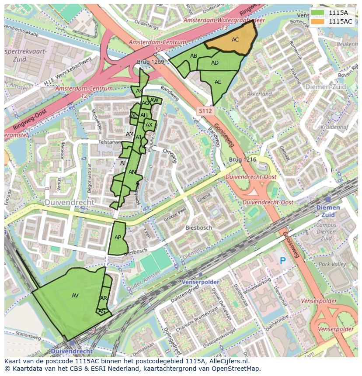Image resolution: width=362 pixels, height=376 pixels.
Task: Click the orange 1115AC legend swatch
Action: [318, 21]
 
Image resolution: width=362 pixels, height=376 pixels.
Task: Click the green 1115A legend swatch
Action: [318, 13]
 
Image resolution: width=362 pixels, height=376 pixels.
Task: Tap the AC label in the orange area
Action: [235, 40]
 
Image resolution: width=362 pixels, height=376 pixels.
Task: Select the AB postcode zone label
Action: [194, 55]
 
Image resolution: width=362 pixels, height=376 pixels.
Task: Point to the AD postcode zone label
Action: [215, 63]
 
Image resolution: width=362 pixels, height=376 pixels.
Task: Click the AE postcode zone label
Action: [218, 82]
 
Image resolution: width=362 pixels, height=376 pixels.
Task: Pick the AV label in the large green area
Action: [75, 296]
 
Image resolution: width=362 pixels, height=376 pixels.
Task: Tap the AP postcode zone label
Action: [118, 238]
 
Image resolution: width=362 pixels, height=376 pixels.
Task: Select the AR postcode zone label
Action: [104, 298]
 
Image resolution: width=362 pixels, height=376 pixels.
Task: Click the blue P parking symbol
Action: [283, 261]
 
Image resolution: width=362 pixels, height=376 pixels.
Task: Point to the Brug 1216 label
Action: [243, 160]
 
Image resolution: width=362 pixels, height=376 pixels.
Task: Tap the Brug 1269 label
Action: [150, 62]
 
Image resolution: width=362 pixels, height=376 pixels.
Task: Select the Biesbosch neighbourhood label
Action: [198, 228]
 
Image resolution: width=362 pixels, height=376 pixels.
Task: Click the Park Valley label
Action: [332, 264]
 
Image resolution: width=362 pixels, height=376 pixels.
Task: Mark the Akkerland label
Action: [259, 93]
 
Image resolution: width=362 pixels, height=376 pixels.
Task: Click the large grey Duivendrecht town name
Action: [69, 203]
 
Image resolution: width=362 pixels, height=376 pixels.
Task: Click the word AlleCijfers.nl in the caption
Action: [226, 361]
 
